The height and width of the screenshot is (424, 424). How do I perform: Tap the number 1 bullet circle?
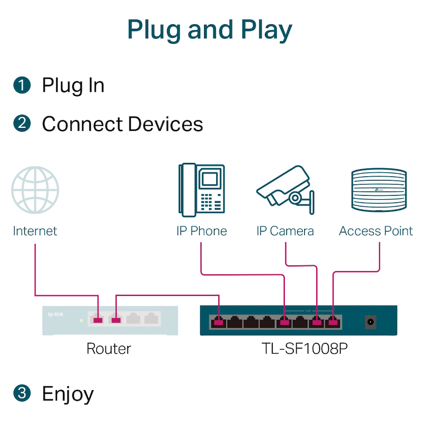coord(22,85)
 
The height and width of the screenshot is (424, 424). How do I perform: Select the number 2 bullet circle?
coord(22,123)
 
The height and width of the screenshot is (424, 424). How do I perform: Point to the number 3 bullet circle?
coord(22,393)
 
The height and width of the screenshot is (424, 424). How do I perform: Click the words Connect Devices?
coord(122,124)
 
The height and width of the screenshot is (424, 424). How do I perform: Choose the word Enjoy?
coord(68,394)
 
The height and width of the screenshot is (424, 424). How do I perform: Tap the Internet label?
coord(35,231)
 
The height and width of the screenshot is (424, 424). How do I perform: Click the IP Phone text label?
coord(201,231)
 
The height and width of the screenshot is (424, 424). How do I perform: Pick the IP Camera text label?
coord(285,231)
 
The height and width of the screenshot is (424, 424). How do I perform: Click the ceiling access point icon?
coord(379,189)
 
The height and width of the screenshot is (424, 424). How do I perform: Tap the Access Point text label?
coord(376,231)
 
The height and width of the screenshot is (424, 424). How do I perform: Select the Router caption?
coord(109,348)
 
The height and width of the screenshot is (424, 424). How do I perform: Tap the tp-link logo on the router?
coord(55,314)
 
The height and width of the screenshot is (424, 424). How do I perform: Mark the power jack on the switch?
coord(371,322)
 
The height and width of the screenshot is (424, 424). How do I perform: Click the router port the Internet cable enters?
coord(98,319)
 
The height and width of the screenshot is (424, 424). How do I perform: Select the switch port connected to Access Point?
coord(333,322)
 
